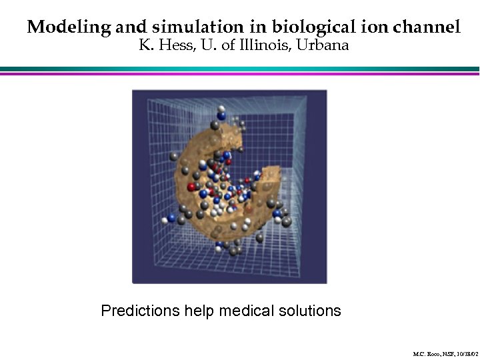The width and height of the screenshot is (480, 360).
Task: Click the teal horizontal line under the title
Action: coord(240,68)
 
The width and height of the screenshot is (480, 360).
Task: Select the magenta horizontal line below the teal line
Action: coord(240,73)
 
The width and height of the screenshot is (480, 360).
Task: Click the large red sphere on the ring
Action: coord(193,187)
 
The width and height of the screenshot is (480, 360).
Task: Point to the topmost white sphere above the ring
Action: coord(221,108)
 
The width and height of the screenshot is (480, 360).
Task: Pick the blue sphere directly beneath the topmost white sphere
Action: coord(220,115)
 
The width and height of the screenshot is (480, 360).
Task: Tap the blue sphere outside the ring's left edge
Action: coord(171,218)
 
